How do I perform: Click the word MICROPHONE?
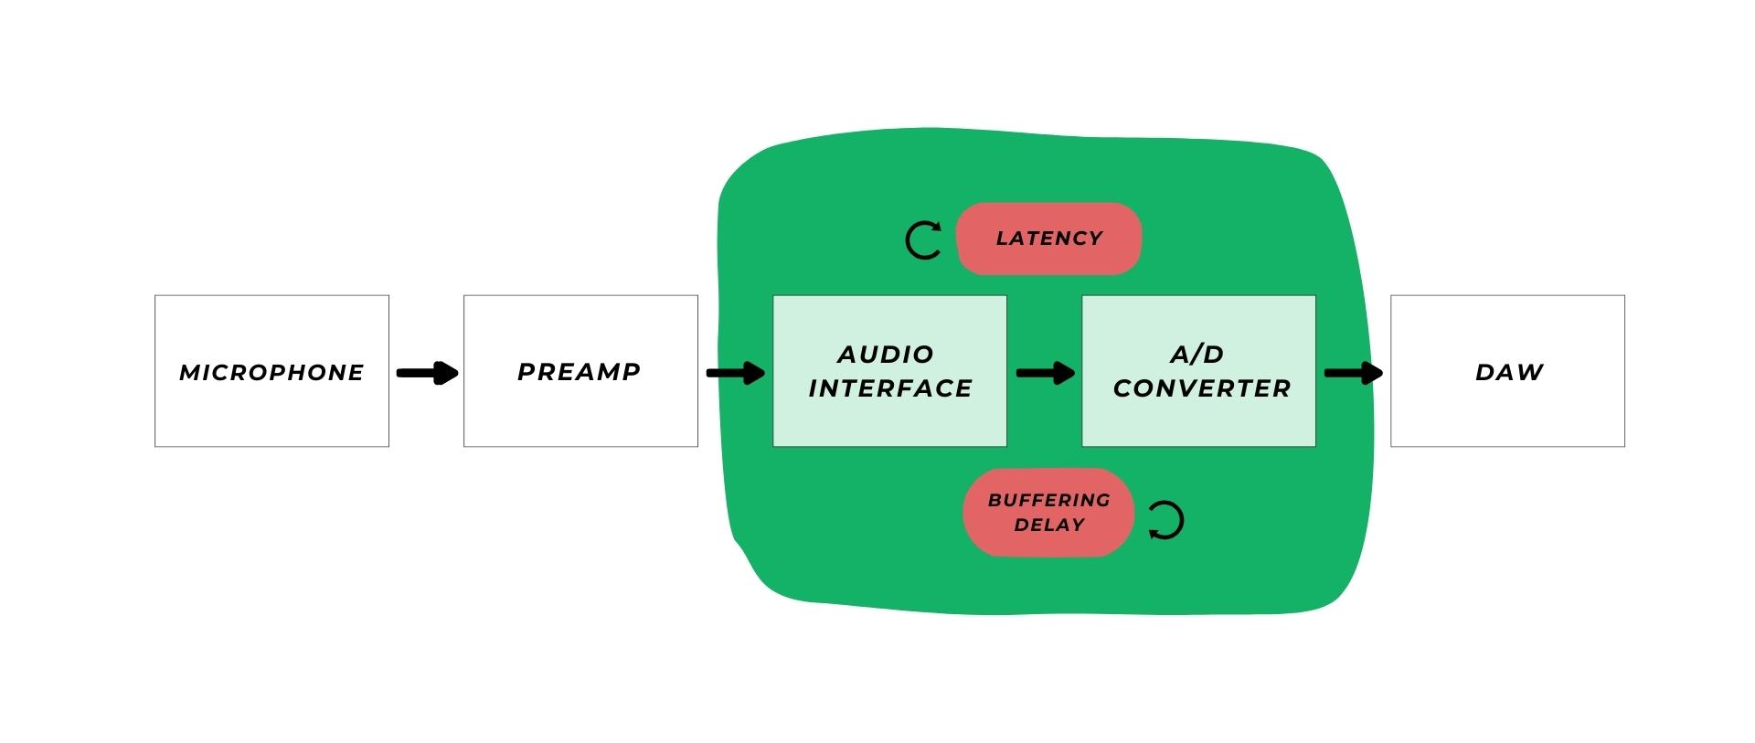point(271,373)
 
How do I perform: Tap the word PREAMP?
point(580,372)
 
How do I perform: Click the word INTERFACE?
point(890,388)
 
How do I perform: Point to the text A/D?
point(1197,355)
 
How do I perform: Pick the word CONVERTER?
point(1202,388)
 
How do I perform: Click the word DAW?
point(1509,372)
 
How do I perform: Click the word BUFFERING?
point(1048,501)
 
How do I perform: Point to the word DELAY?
point(1049,525)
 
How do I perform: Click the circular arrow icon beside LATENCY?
point(923,240)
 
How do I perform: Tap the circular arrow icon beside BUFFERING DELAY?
point(1165,520)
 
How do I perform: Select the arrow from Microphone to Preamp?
point(427,373)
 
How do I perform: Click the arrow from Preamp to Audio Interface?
point(736,373)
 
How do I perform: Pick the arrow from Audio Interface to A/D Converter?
point(1045,373)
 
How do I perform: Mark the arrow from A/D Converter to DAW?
point(1353,373)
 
